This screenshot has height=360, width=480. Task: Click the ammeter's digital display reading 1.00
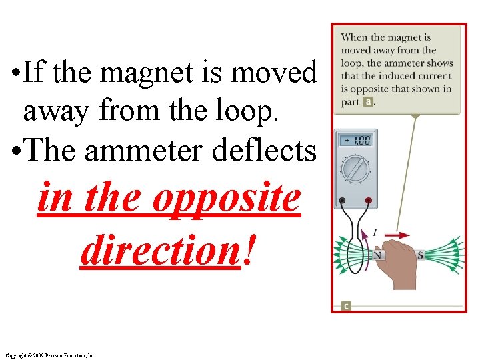click(x=356, y=141)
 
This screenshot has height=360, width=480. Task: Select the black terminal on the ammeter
click(x=342, y=200)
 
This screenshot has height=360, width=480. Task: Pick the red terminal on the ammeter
click(x=367, y=200)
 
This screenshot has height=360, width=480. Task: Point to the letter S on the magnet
click(x=420, y=255)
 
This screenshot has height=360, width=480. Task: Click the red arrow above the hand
click(x=399, y=235)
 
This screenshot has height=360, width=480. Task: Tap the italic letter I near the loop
click(x=375, y=233)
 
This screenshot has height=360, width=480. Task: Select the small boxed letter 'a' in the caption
click(x=368, y=102)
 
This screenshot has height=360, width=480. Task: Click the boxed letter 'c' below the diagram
click(x=346, y=306)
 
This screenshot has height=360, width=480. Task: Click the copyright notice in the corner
click(x=50, y=355)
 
